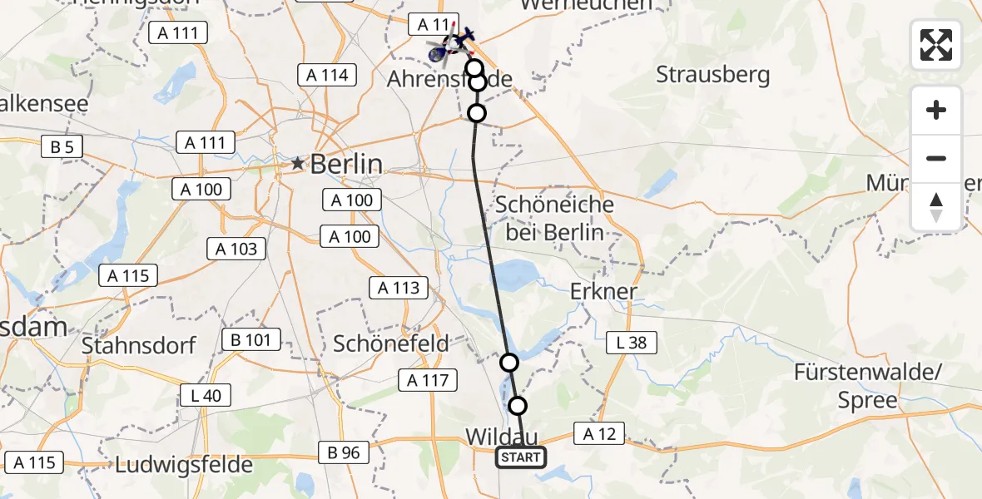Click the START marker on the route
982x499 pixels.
coord(521,457)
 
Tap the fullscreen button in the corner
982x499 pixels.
coord(936,45)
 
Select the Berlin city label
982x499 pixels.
coord(346,164)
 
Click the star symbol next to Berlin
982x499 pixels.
coord(298,164)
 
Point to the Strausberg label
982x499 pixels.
coord(712,75)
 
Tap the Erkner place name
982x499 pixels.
coord(603,292)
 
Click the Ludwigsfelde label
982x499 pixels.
coord(184,464)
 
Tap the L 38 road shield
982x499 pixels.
coord(632,342)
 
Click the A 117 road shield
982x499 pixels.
coord(428,381)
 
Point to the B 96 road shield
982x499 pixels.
coord(344,452)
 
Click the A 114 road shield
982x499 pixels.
coord(327,75)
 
